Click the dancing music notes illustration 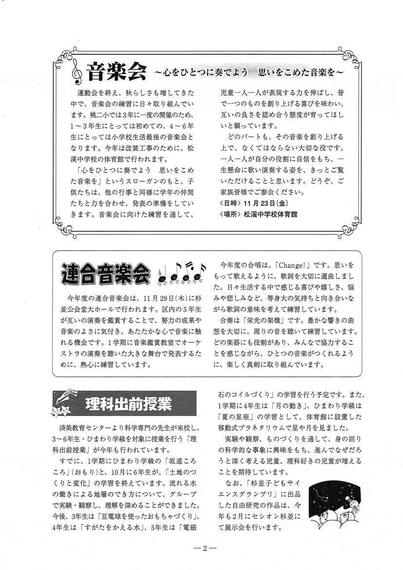coord(181,273)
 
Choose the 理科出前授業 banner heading coord(128,404)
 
